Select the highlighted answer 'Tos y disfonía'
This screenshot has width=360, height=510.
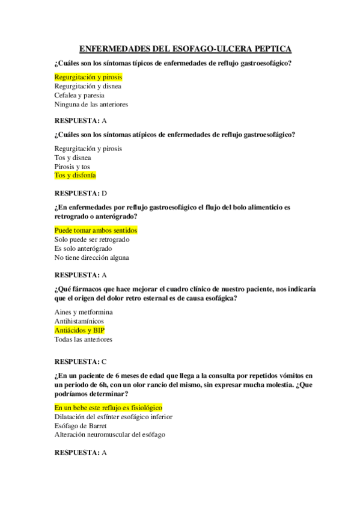point(75,175)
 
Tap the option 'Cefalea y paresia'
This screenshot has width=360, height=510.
point(79,95)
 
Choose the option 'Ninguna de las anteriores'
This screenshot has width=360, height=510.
point(91,104)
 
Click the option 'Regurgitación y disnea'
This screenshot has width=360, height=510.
point(88,86)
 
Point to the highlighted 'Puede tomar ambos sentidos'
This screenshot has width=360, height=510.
point(96,230)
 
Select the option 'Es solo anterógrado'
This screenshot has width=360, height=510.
point(83,248)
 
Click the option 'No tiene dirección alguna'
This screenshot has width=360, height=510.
point(91,257)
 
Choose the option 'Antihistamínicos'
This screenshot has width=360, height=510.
point(79,321)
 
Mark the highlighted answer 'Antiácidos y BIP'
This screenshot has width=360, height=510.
point(79,330)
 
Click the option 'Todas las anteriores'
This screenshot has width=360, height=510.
point(83,339)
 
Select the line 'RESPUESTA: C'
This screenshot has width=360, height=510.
point(80,361)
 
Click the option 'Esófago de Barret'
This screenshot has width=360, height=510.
point(81,425)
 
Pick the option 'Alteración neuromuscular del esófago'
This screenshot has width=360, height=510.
point(109,434)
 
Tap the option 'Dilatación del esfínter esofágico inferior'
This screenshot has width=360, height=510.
point(114,416)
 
